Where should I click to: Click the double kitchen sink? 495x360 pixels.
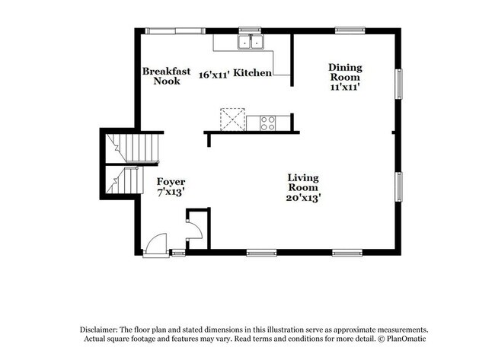click(x=251, y=42)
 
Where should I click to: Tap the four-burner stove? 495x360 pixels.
click(x=268, y=123)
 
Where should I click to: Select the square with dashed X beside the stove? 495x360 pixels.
click(x=233, y=119)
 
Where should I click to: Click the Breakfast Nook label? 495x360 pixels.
click(x=166, y=76)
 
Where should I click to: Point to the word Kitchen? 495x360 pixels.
click(x=252, y=73)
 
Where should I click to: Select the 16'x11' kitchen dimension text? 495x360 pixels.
click(x=213, y=75)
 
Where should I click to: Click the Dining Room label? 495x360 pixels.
click(x=345, y=72)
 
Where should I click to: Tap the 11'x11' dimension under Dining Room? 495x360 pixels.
click(x=346, y=87)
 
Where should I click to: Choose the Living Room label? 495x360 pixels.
click(x=303, y=183)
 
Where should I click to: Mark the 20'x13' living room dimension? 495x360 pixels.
click(x=303, y=198)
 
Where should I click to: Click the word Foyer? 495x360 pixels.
click(x=171, y=182)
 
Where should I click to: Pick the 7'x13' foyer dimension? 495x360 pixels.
click(x=171, y=192)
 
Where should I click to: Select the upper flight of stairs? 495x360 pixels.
click(x=132, y=148)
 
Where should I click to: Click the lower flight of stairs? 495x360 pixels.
click(x=124, y=180)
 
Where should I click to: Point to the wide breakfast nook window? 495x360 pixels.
click(x=175, y=31)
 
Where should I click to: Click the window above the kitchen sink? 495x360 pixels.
click(x=250, y=30)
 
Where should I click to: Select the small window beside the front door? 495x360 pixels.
click(x=177, y=253)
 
